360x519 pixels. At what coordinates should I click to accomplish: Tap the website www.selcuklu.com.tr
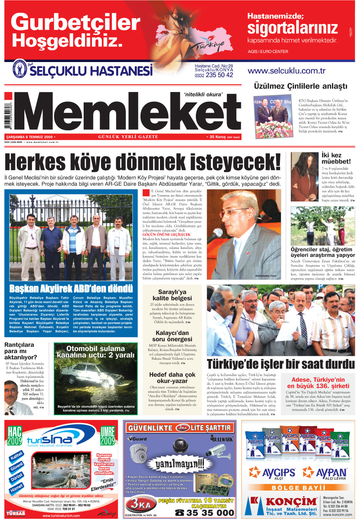click(x=286, y=71)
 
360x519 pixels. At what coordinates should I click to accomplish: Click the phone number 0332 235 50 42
click(x=214, y=75)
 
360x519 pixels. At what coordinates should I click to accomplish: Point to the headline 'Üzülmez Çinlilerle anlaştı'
click(x=300, y=86)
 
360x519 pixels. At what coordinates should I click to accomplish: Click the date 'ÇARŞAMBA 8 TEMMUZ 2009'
click(x=29, y=137)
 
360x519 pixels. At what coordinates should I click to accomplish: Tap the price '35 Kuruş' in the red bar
click(x=218, y=137)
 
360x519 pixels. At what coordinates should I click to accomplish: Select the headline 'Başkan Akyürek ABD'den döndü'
click(x=71, y=289)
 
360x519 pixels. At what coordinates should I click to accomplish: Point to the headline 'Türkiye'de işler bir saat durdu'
click(x=281, y=364)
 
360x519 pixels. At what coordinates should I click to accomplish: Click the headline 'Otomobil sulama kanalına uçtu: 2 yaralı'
click(x=95, y=352)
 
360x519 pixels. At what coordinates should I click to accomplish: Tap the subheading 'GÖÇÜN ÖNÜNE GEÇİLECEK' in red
click(x=167, y=235)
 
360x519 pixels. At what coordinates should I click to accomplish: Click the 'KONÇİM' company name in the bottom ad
click(x=291, y=502)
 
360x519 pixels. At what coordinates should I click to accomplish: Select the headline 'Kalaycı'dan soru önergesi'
click(x=172, y=336)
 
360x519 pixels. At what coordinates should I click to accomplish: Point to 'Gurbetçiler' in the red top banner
click(x=75, y=22)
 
